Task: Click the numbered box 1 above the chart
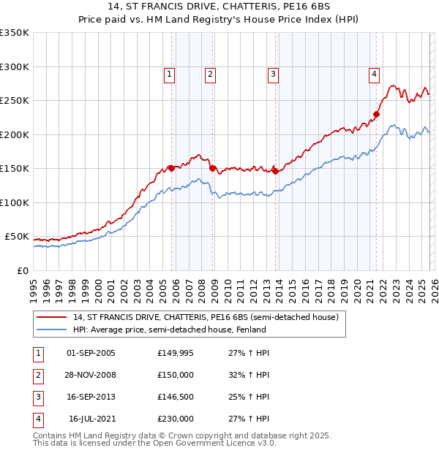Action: (x=169, y=73)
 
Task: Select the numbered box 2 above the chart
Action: (x=210, y=73)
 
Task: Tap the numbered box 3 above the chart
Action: (x=273, y=73)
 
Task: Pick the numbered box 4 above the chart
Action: (x=374, y=73)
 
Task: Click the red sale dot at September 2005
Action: (x=171, y=168)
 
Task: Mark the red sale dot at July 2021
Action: (x=377, y=113)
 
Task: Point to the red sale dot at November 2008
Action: (x=213, y=168)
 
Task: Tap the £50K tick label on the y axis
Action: (x=17, y=237)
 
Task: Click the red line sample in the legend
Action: (x=51, y=318)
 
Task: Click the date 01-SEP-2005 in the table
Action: (x=91, y=353)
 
